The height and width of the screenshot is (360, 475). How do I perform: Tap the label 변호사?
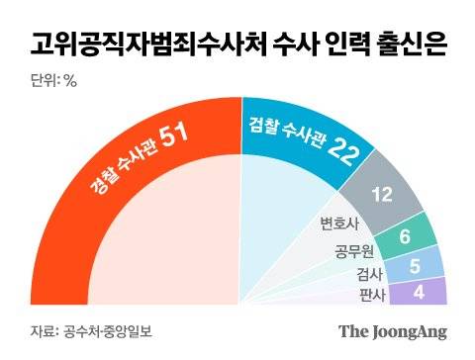pyautogui.click(x=336, y=224)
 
